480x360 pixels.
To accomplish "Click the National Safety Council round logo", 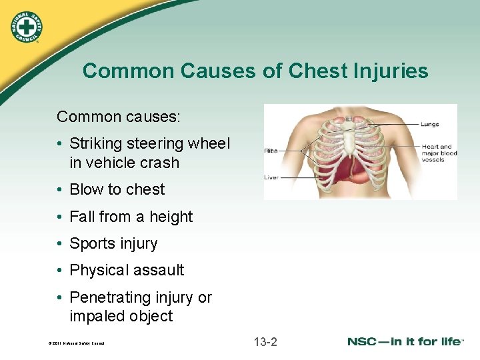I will (x=27, y=27).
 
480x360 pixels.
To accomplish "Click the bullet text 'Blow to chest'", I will (x=117, y=189).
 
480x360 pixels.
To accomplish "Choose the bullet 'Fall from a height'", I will (x=131, y=217).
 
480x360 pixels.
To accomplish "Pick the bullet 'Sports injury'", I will (x=113, y=243).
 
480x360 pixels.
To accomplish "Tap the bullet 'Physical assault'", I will (x=127, y=270).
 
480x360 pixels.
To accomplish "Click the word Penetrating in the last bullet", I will (x=111, y=297).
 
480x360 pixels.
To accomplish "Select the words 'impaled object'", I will (x=121, y=316).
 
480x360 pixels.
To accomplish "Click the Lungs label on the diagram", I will (x=430, y=124).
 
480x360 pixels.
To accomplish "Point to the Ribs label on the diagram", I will (x=271, y=151).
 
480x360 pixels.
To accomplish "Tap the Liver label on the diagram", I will (x=271, y=177).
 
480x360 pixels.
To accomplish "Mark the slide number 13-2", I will (x=265, y=343).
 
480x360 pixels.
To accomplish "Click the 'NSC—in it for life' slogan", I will (x=405, y=342).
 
